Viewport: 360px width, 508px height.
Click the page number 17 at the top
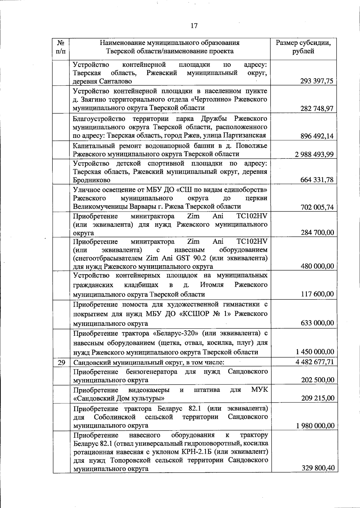[194, 26]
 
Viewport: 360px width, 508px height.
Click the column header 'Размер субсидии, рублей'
[303, 47]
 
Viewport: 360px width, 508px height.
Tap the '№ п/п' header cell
[61, 47]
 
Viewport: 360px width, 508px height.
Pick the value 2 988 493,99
[314, 154]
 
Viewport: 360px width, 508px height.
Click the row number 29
[61, 362]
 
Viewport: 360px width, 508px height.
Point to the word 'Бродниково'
[91, 180]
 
